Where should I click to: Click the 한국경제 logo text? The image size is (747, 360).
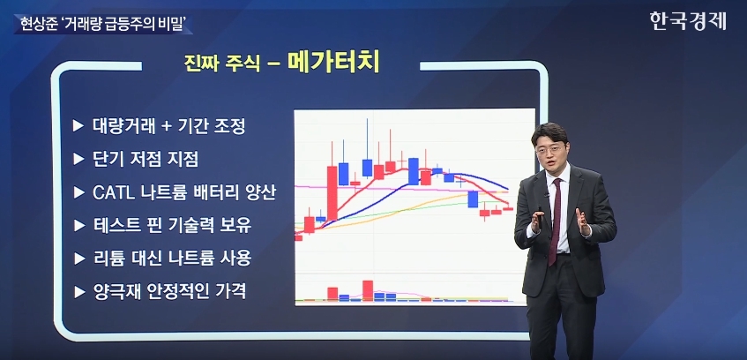point(688,21)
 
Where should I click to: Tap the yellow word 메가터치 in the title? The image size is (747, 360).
point(334,63)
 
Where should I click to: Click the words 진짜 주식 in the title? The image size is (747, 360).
point(222,64)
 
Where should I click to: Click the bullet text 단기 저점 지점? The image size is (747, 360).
point(145,159)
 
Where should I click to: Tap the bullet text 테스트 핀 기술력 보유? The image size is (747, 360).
point(171,226)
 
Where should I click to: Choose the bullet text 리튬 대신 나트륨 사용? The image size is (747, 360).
point(171,259)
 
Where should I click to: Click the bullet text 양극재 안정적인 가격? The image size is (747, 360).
point(169,291)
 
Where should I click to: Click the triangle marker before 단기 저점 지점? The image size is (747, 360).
point(78,159)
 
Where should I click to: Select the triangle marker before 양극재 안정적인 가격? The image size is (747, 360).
point(78,291)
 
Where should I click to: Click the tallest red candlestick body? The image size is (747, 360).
point(332,193)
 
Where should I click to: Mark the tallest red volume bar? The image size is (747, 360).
point(367,290)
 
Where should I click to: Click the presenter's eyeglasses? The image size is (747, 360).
point(549,150)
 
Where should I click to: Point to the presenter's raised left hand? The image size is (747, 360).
point(583,221)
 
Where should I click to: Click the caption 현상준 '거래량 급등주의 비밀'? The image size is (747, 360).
point(102,23)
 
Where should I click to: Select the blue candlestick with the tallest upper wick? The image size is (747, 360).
point(367,168)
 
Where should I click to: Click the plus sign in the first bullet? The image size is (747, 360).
point(165,127)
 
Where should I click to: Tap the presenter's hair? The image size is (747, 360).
point(549,132)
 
